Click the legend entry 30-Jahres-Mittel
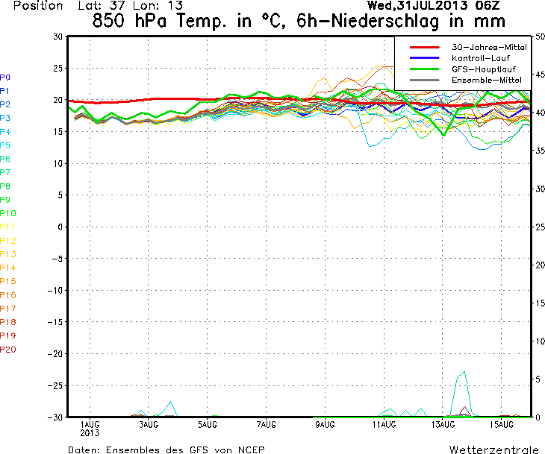click(x=489, y=47)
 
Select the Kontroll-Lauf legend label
click(x=481, y=58)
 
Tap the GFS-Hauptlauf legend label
click(x=484, y=69)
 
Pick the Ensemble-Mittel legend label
click(x=487, y=81)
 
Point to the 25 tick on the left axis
click(x=58, y=69)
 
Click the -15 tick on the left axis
click(x=55, y=322)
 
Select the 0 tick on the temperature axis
click(x=60, y=227)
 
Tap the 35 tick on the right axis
click(x=540, y=151)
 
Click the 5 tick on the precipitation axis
click(x=538, y=379)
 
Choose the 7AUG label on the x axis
click(x=267, y=424)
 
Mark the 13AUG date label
click(x=443, y=424)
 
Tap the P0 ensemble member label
click(x=5, y=78)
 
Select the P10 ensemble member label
click(x=8, y=213)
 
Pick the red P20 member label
click(x=8, y=349)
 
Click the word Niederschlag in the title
click(x=385, y=21)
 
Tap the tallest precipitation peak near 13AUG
click(x=464, y=372)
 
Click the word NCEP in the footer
click(x=252, y=450)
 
